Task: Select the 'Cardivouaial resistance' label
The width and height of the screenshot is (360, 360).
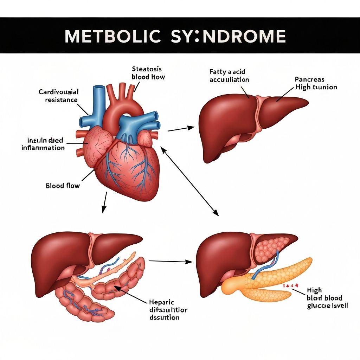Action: (x=58, y=96)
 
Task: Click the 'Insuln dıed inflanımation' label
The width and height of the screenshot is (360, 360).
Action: (x=43, y=144)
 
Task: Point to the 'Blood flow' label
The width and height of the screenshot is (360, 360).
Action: (x=63, y=185)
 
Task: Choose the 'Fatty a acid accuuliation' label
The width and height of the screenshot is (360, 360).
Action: (x=229, y=76)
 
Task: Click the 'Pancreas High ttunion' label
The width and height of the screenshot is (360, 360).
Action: (x=315, y=83)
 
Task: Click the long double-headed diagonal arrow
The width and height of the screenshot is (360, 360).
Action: (x=190, y=181)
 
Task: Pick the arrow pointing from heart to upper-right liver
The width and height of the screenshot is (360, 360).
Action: (x=181, y=129)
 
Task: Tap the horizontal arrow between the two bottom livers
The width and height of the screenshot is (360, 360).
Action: (x=171, y=262)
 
